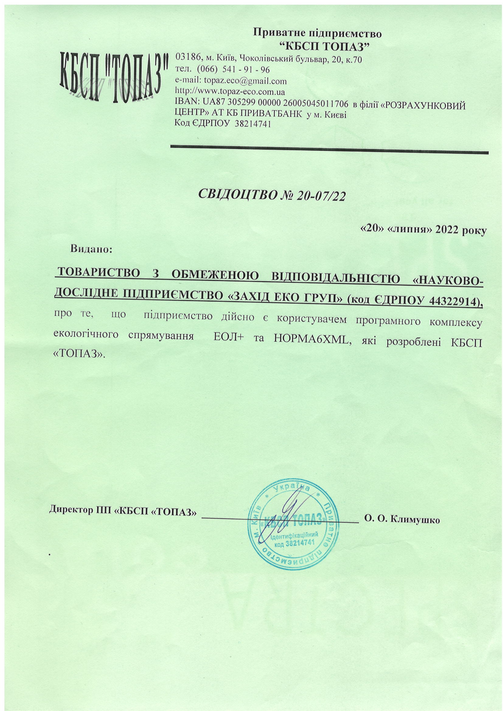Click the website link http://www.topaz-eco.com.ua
[230, 92]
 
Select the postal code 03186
[185, 58]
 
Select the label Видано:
[91, 249]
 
